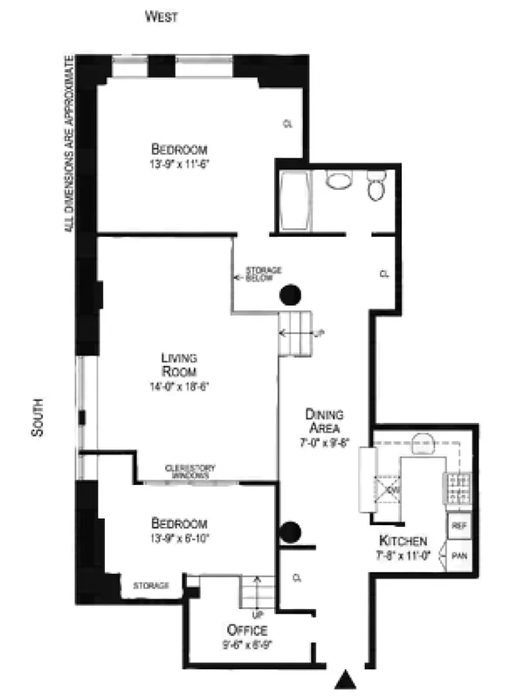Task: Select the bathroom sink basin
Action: (x=338, y=181)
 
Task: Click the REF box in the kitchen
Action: (x=459, y=526)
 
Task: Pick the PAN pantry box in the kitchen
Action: (x=459, y=555)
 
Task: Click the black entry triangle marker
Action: (x=348, y=678)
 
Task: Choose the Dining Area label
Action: (x=324, y=421)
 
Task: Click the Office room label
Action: (x=247, y=630)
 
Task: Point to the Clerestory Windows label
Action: (x=190, y=470)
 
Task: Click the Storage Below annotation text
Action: (x=263, y=274)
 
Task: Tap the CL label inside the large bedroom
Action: (x=287, y=124)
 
